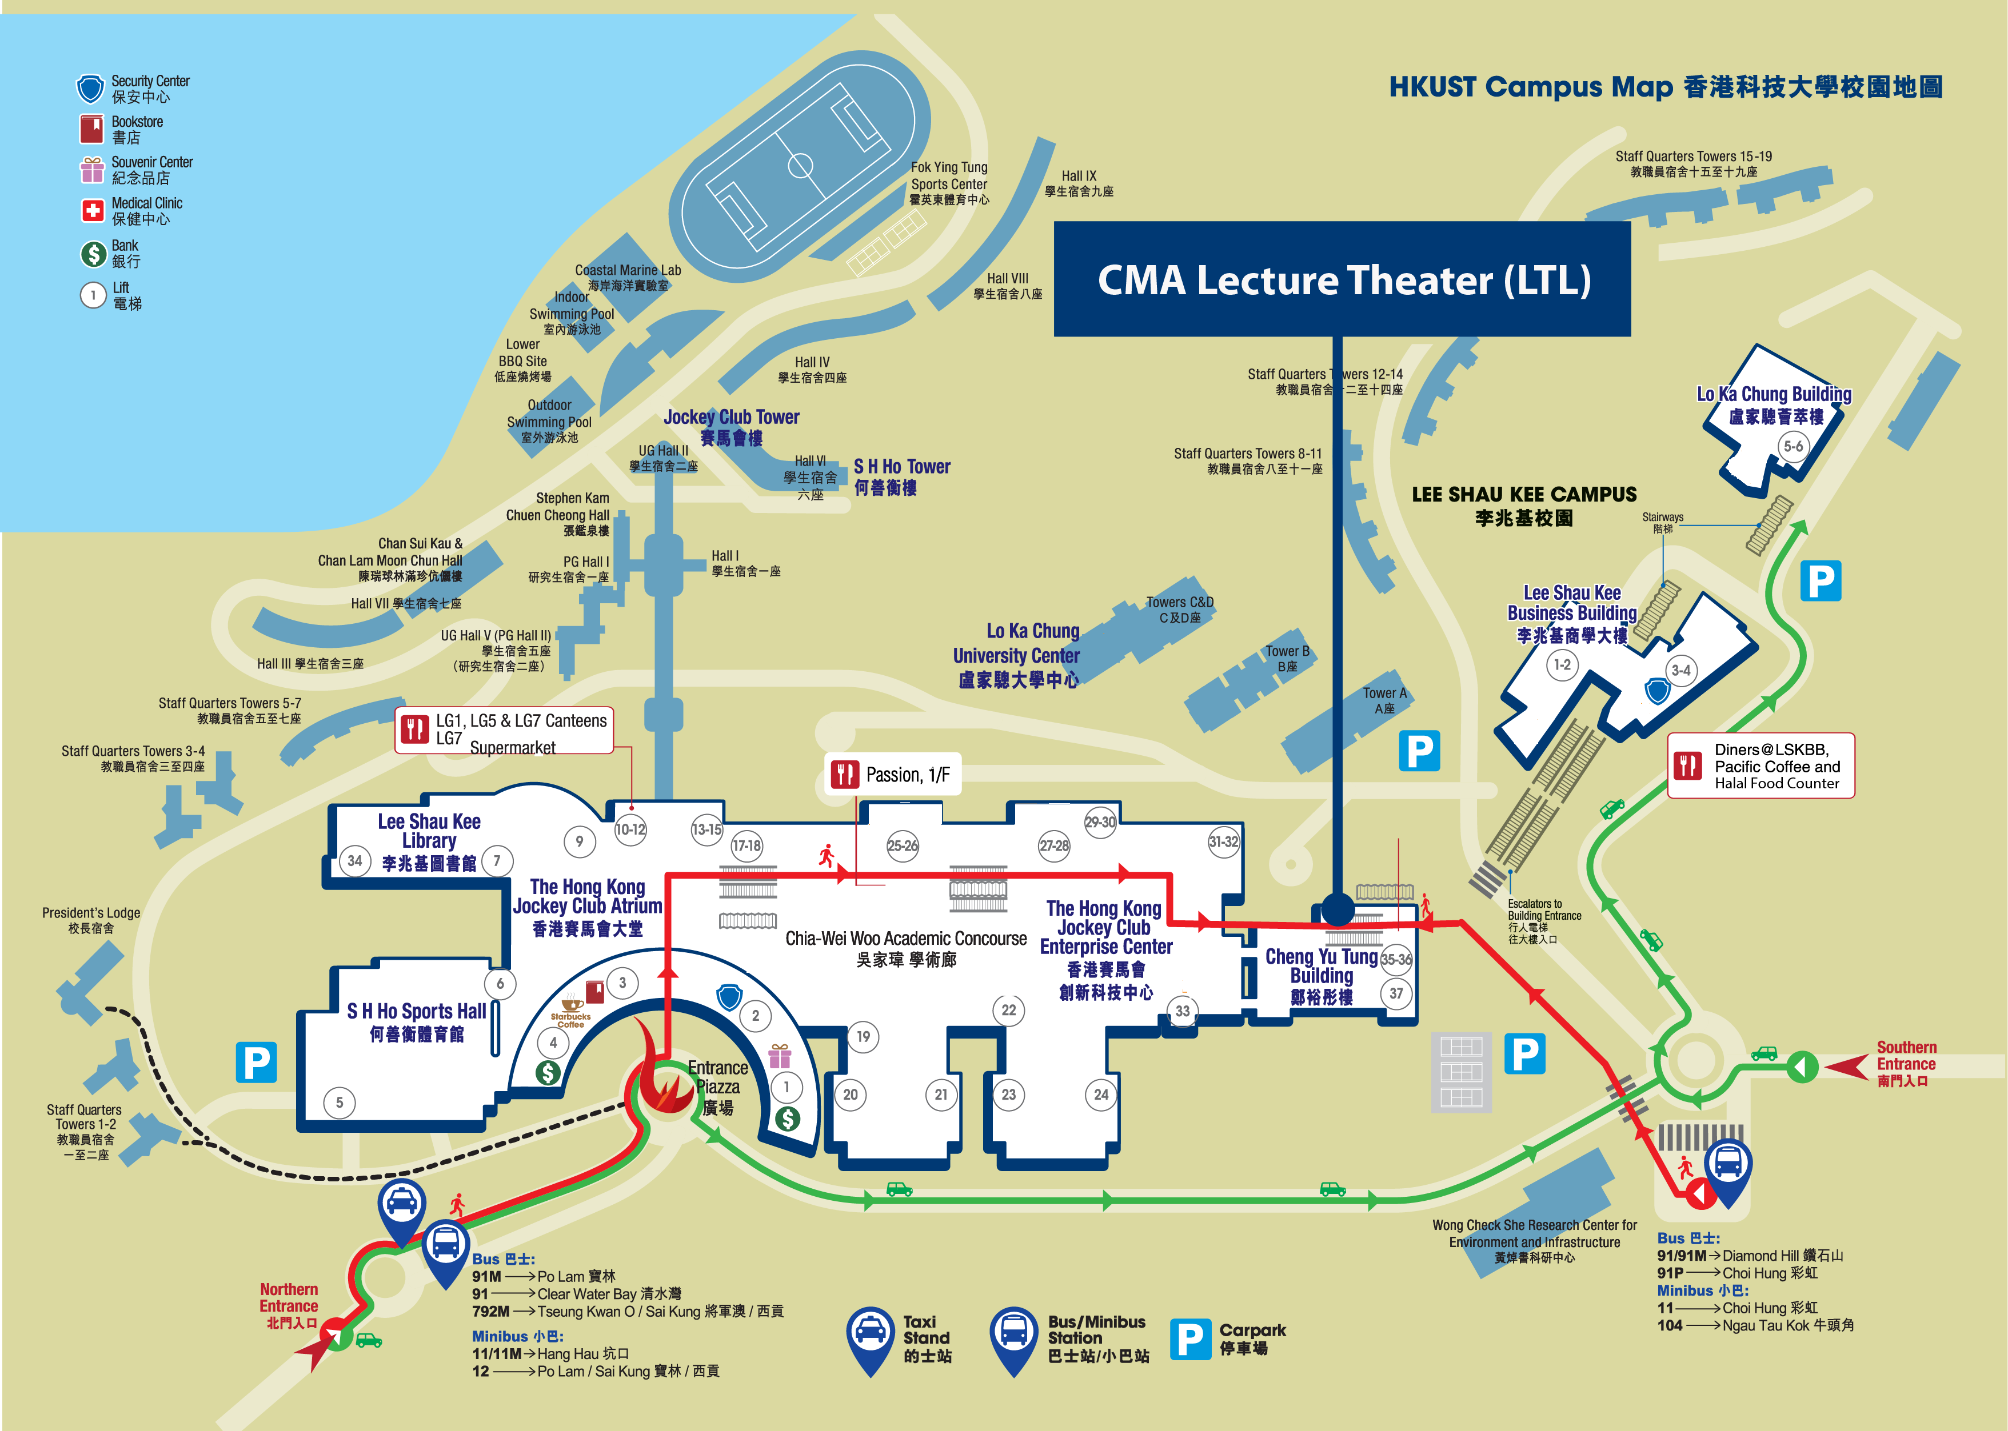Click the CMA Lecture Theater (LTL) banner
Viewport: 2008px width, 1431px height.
coord(1342,279)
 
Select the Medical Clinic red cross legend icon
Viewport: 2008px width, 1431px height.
coord(91,211)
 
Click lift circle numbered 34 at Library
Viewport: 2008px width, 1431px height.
coord(354,861)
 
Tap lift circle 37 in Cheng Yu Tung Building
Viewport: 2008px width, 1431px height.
coord(1396,993)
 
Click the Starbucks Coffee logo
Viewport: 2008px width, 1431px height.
coord(571,1012)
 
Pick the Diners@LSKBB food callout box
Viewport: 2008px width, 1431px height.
coord(1761,765)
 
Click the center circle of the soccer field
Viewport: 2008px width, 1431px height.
coord(800,165)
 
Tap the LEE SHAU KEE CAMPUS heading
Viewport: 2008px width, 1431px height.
coord(1523,505)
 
